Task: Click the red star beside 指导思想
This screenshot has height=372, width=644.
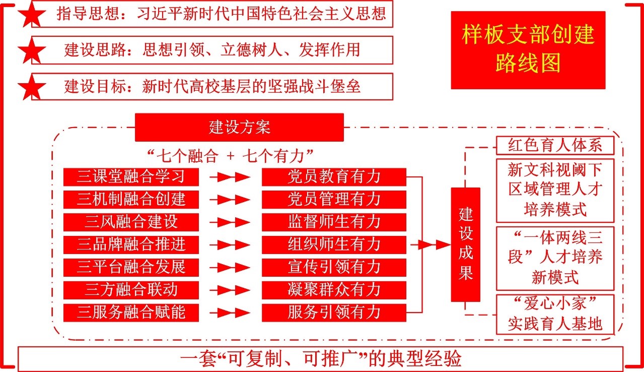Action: [x=32, y=16]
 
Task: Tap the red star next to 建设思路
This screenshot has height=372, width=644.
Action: [x=32, y=51]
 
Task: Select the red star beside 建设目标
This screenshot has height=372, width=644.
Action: [x=32, y=87]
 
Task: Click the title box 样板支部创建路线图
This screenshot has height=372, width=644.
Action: [x=528, y=50]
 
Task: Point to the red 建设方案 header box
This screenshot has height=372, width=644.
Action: [x=239, y=127]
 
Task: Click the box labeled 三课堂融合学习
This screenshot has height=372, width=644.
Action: [x=131, y=177]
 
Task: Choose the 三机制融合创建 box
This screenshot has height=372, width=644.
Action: [x=131, y=199]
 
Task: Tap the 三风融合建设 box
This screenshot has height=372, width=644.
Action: [x=131, y=222]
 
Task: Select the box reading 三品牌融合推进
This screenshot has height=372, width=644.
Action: [x=131, y=244]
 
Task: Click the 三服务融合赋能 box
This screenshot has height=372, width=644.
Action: [x=131, y=313]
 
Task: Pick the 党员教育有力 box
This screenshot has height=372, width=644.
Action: [x=334, y=177]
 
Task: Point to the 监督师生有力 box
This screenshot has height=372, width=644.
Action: [x=334, y=222]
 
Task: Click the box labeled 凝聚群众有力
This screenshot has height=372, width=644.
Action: [x=334, y=290]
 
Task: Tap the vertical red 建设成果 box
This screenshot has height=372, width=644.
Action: [x=465, y=244]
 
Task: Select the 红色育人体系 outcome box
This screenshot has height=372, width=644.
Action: [x=555, y=146]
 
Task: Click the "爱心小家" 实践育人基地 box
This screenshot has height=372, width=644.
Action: [x=555, y=315]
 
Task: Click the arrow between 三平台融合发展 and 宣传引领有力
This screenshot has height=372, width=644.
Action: [x=230, y=268]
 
